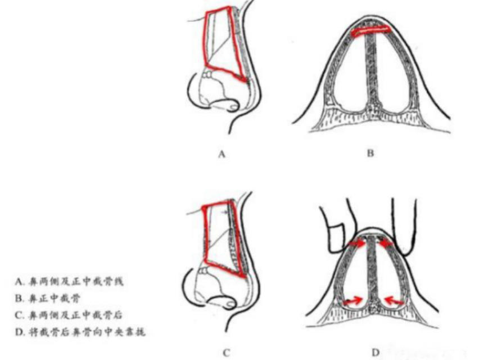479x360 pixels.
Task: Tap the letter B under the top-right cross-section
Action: (x=370, y=154)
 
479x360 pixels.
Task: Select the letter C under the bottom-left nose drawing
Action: (x=225, y=353)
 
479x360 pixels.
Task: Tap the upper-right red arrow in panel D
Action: (x=386, y=244)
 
